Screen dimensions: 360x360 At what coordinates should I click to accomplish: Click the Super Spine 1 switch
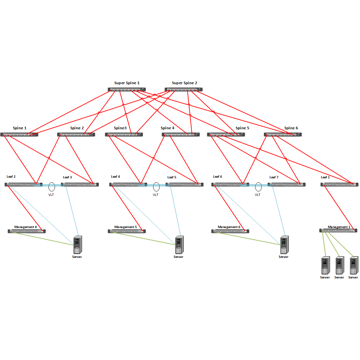point(127,90)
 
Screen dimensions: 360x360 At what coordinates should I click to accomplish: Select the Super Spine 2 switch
point(183,90)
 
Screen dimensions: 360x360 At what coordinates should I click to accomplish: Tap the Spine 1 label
point(20,128)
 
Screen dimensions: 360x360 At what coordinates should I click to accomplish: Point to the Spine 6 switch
point(283,135)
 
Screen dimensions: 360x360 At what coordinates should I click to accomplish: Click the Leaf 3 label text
point(67,177)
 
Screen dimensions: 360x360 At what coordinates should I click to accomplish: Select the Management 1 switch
point(338,230)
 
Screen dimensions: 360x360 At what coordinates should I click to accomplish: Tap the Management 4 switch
point(27,231)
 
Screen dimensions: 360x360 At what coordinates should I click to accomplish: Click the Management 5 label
point(126,227)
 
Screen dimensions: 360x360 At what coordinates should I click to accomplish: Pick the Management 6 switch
point(230,231)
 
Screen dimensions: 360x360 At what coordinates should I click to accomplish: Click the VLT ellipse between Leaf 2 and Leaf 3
point(51,186)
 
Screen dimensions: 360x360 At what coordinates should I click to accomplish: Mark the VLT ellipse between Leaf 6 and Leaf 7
point(258,186)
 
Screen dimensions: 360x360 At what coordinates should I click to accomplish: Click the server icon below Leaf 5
point(179,245)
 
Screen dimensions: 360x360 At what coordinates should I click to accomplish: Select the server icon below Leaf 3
point(78,245)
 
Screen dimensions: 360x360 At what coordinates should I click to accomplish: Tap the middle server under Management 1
point(339,265)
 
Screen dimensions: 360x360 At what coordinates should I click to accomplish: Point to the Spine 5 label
point(243,128)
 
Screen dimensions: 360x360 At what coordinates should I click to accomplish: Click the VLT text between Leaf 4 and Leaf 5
point(156,195)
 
